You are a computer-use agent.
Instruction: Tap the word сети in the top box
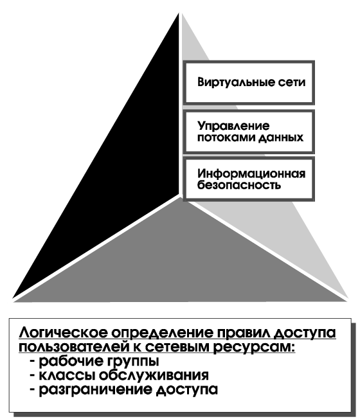pos(292,82)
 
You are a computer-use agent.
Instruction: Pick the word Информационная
pos(251,174)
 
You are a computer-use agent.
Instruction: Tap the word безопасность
pos(239,185)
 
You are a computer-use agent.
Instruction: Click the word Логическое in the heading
pos(64,334)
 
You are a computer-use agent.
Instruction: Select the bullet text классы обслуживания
pos(123,376)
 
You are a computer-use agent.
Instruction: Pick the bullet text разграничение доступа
pos(129,390)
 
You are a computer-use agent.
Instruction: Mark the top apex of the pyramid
pos(179,13)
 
